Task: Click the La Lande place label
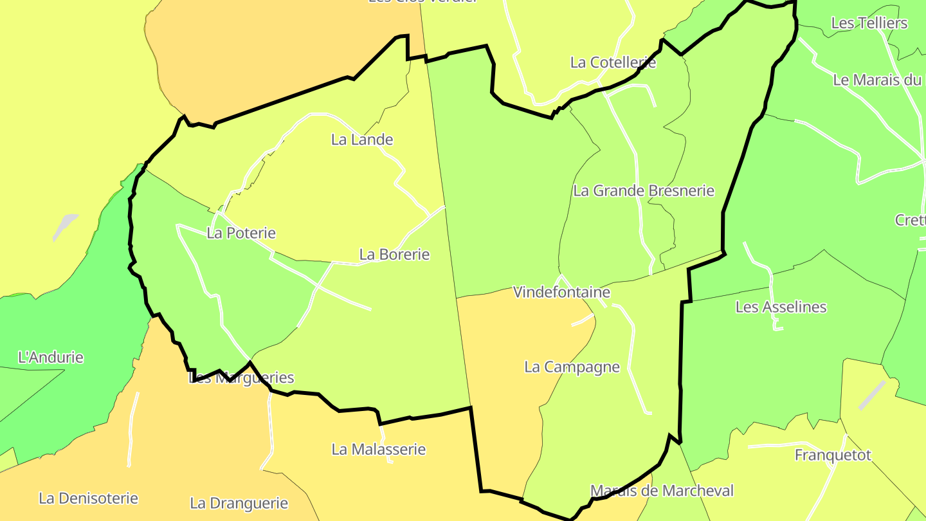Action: click(x=362, y=140)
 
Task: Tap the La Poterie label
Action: click(x=241, y=233)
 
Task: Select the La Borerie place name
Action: click(x=394, y=255)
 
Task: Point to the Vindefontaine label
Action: click(x=561, y=293)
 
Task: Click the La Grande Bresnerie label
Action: click(x=644, y=191)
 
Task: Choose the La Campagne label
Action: click(x=572, y=367)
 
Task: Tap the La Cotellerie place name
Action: click(x=613, y=62)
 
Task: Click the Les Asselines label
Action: click(x=781, y=307)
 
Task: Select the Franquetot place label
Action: click(x=833, y=455)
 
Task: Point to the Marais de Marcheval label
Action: click(x=662, y=491)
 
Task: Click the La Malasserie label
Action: click(x=379, y=450)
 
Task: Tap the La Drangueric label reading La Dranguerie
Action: click(x=239, y=503)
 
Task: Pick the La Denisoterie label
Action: click(x=89, y=498)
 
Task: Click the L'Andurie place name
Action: click(x=51, y=358)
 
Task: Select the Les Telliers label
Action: click(x=869, y=23)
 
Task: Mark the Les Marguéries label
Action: click(x=241, y=378)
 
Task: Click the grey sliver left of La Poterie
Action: click(x=65, y=226)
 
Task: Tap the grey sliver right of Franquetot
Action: click(x=872, y=394)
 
